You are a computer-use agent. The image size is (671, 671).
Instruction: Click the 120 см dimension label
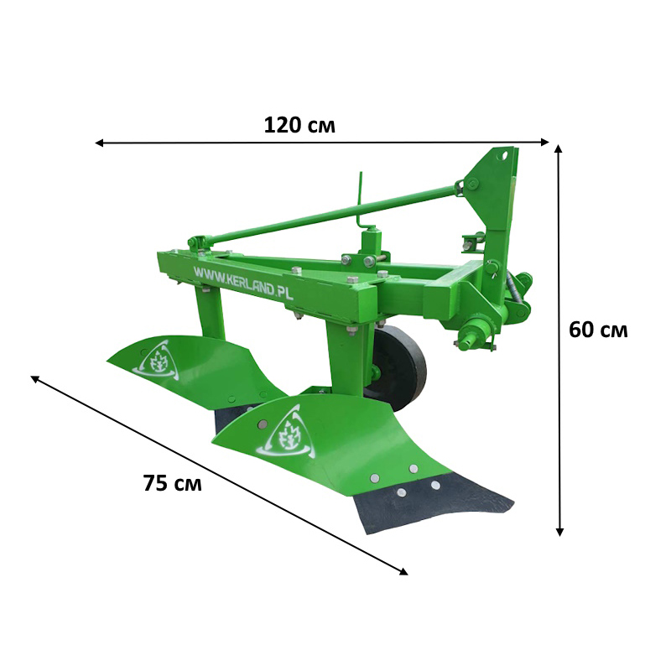pyautogui.click(x=299, y=125)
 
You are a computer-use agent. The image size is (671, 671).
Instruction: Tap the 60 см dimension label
pyautogui.click(x=598, y=330)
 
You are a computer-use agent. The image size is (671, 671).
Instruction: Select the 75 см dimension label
pyautogui.click(x=173, y=483)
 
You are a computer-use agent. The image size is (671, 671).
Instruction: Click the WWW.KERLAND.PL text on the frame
pyautogui.click(x=243, y=282)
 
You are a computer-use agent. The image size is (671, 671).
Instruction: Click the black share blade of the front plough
pyautogui.click(x=432, y=502)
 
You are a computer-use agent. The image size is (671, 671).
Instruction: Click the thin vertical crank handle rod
pyautogui.click(x=362, y=200)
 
